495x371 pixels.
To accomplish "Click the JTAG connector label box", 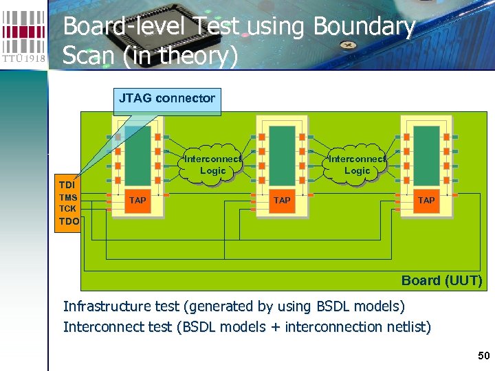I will point(167,98).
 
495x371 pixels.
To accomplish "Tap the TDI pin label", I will point(67,185).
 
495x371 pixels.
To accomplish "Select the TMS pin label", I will point(67,197).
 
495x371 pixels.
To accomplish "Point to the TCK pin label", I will point(67,208).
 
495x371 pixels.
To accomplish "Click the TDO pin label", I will point(68,221).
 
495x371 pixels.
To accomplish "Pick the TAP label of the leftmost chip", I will point(137,201).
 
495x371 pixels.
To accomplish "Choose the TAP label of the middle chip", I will point(282,201).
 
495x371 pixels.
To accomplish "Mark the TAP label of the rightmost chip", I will point(426,201).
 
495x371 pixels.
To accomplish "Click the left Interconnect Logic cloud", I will point(212,165).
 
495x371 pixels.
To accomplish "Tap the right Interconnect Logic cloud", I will point(357,165).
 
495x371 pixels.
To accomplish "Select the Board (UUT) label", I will point(441,280).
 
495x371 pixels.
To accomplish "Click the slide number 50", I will point(484,355).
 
